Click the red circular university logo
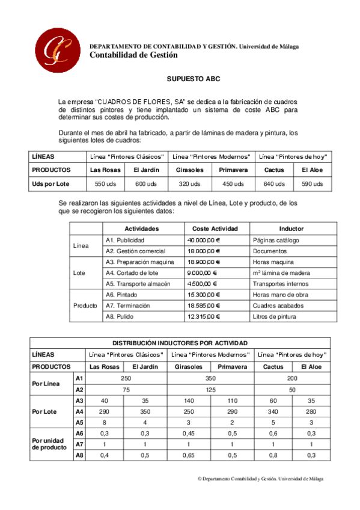pyautogui.click(x=58, y=49)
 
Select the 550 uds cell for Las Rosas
pyautogui.click(x=105, y=183)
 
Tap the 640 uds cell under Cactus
pyautogui.click(x=273, y=183)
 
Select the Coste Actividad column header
pyautogui.click(x=215, y=229)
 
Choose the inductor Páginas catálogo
pyautogui.click(x=276, y=240)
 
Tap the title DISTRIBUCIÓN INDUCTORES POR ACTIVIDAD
pyautogui.click(x=180, y=343)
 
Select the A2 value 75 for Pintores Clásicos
pyautogui.click(x=126, y=389)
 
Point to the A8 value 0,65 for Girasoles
pyautogui.click(x=189, y=455)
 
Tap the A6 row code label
pyautogui.click(x=79, y=433)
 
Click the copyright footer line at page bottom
pyautogui.click(x=260, y=479)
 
